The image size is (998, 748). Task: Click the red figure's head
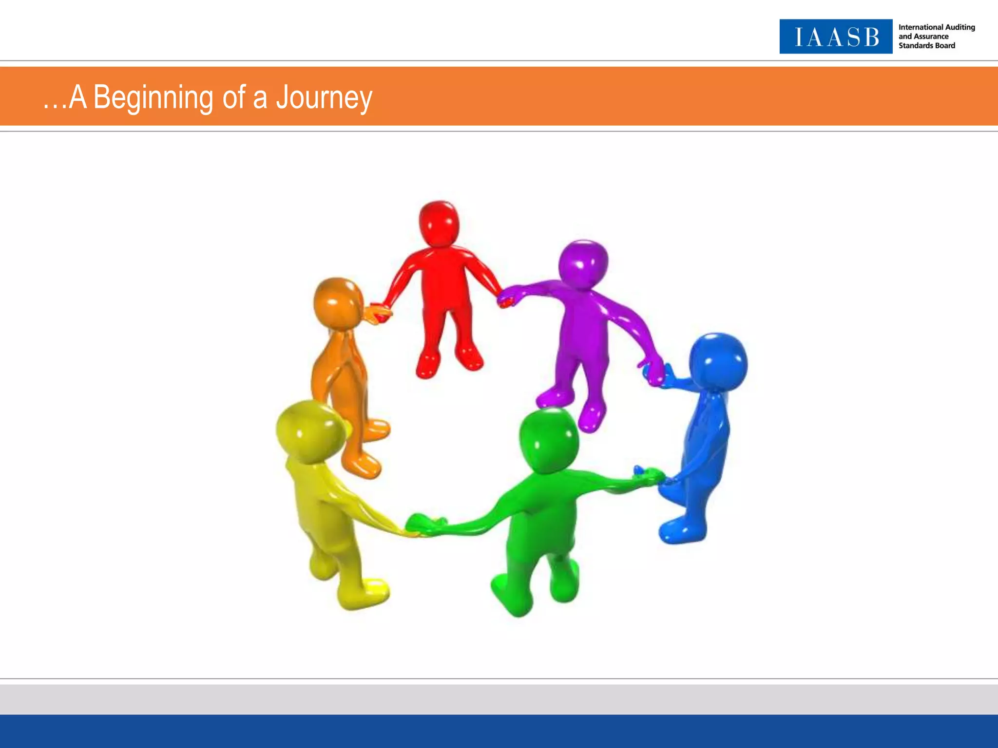tap(439, 224)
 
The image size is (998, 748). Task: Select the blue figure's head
tap(718, 360)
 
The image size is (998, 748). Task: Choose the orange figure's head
tap(338, 303)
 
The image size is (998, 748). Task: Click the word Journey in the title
tap(324, 98)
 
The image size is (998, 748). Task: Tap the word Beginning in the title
tap(153, 98)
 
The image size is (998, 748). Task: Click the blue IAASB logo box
tap(836, 37)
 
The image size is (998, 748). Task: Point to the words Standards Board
tap(926, 46)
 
